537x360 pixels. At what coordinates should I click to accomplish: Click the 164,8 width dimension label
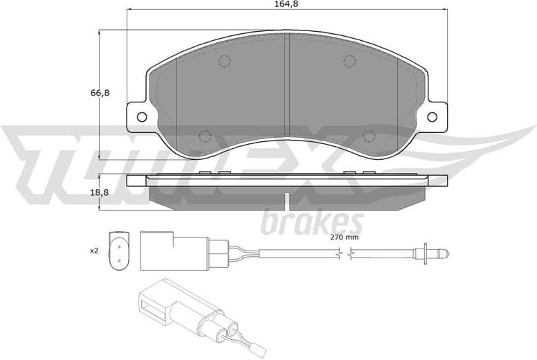[286, 5]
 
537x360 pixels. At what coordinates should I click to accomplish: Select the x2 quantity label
[94, 251]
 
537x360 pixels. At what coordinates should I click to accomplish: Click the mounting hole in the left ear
[142, 116]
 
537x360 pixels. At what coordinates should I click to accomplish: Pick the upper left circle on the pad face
[224, 61]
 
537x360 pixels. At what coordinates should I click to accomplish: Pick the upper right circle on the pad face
[350, 61]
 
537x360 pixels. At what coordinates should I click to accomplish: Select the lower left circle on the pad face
[205, 136]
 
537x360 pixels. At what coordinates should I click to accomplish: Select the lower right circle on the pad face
[370, 136]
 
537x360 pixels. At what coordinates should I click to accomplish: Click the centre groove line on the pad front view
[287, 83]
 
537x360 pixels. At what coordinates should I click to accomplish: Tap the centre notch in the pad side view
[287, 201]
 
